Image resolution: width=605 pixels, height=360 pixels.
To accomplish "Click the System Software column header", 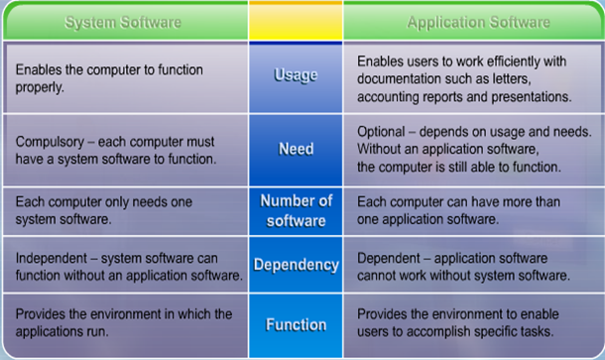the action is tap(123, 23).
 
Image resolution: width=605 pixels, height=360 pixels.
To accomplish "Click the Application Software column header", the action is tap(478, 23).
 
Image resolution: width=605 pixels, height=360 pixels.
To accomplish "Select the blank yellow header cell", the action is tap(296, 21).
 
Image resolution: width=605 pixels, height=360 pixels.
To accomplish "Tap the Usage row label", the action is tap(296, 75).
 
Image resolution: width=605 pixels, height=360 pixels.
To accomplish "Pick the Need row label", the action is tap(296, 149).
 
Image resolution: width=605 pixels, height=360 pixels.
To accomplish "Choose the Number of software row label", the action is tap(296, 210).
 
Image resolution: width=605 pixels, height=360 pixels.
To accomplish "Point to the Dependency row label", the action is tap(296, 265).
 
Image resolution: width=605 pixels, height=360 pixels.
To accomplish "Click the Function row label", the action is tap(296, 325).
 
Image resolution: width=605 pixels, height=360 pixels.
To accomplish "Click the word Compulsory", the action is tap(50, 143).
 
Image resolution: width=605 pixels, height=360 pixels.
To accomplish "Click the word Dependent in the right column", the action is tap(389, 258).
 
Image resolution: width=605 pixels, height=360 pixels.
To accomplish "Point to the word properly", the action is tap(40, 87).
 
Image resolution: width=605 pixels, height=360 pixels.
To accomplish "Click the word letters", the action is tap(512, 79).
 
